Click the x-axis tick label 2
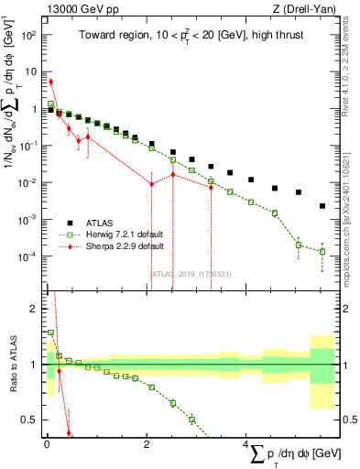coord(147,445)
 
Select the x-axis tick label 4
coord(246,445)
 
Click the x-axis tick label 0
coord(47,445)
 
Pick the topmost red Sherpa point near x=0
coord(51,82)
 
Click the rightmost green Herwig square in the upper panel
coord(322,251)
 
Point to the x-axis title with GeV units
coord(284,454)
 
